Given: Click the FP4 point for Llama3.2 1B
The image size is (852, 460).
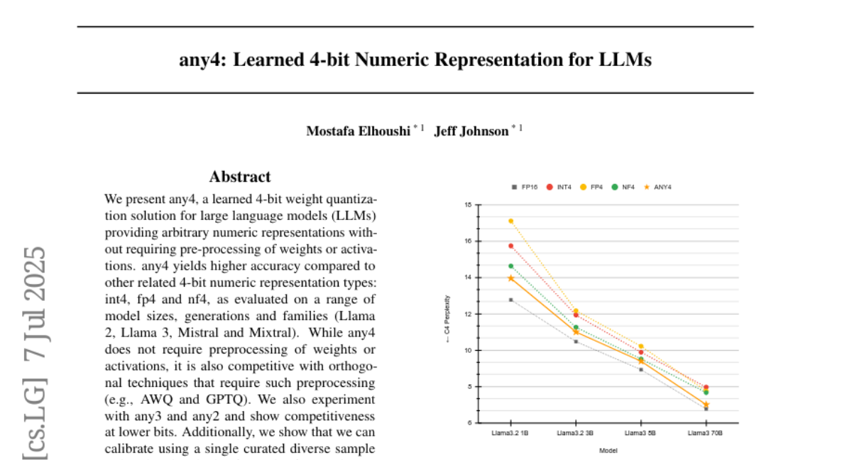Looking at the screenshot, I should click(510, 221).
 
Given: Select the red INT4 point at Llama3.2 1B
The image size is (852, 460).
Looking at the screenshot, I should click(510, 246).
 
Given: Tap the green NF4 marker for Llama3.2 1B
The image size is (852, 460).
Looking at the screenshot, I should click(510, 266).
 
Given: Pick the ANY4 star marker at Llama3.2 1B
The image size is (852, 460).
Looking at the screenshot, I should click(510, 278).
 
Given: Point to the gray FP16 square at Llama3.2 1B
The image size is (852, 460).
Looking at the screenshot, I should click(510, 300).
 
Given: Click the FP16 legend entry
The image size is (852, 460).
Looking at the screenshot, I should click(525, 187).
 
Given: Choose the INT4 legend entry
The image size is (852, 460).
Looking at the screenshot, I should click(561, 187).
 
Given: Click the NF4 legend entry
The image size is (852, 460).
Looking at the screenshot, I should click(626, 187).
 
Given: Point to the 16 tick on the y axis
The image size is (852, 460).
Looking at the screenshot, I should click(467, 241).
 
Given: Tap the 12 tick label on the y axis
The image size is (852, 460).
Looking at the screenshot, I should click(467, 314).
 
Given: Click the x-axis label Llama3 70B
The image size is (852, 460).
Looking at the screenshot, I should click(706, 432).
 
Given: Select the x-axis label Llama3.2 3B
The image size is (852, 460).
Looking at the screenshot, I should click(576, 432).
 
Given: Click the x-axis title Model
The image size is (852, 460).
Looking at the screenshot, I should click(608, 450).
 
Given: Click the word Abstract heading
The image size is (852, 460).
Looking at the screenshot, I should click(240, 177).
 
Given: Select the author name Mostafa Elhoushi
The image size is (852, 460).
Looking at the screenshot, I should click(359, 131).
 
